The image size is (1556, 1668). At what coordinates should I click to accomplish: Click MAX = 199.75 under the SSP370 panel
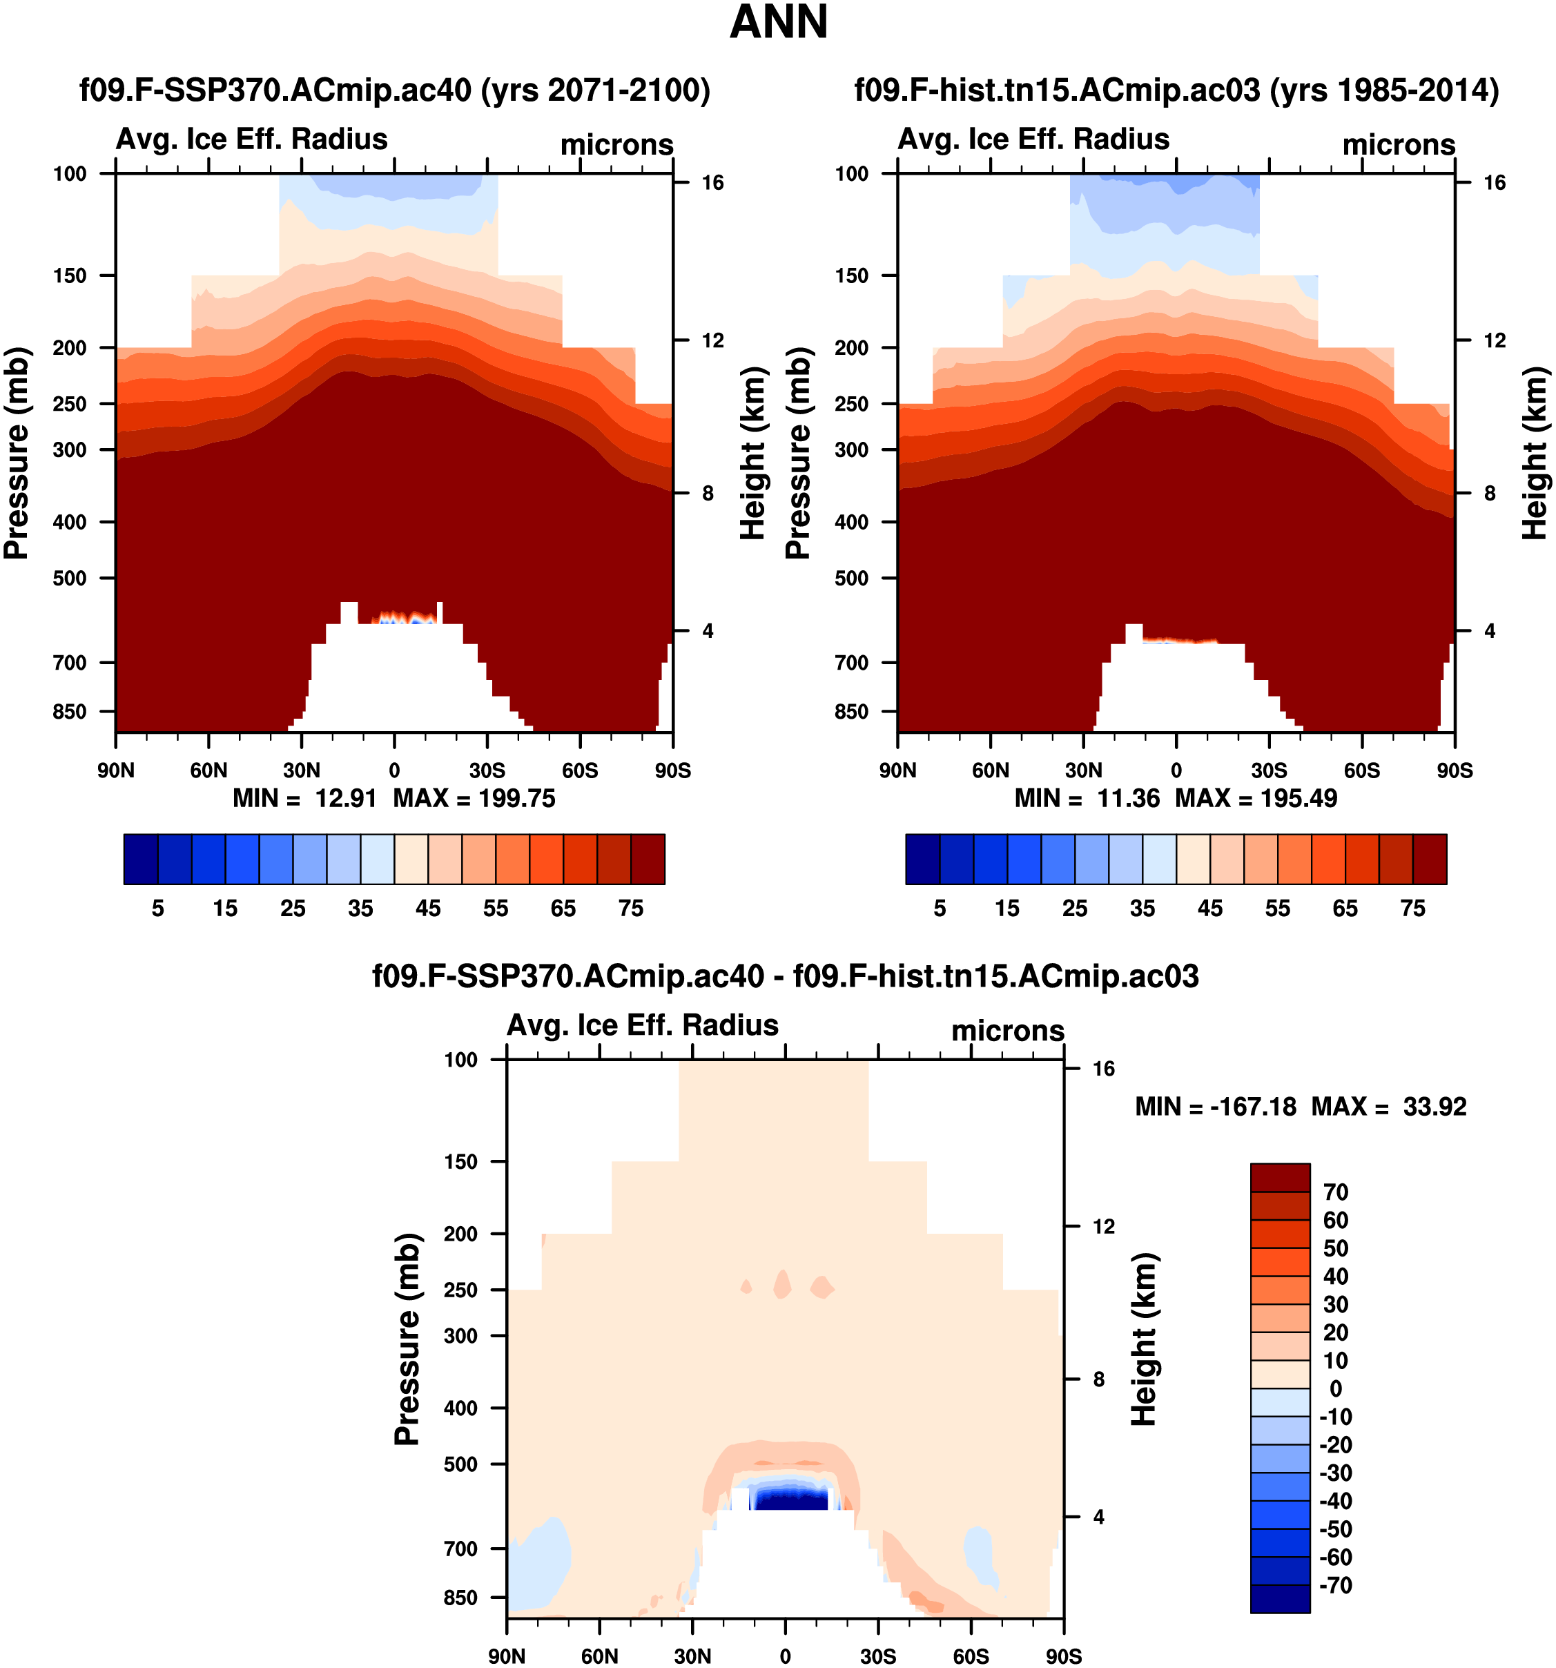(474, 798)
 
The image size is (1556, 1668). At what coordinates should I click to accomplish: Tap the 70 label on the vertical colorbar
(1335, 1192)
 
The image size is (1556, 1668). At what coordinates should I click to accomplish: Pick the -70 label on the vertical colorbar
(1335, 1585)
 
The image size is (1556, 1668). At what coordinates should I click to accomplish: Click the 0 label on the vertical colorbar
(1335, 1388)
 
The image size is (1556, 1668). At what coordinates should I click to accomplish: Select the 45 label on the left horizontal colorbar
(428, 909)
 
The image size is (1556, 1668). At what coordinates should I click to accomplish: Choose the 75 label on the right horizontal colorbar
(1412, 909)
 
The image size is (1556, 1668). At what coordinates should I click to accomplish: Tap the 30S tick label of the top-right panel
(1269, 770)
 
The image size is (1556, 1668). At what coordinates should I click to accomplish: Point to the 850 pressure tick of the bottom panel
(460, 1598)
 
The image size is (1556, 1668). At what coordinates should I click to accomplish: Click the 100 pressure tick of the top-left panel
(70, 174)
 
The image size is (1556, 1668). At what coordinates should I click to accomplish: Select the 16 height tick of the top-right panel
(1494, 183)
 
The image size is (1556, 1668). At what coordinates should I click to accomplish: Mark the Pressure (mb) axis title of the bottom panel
(407, 1339)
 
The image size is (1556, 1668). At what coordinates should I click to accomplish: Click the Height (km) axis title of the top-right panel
(1533, 453)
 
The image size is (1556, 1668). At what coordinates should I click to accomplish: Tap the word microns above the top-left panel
(616, 144)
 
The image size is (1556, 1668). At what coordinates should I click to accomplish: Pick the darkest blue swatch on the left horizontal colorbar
(140, 858)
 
